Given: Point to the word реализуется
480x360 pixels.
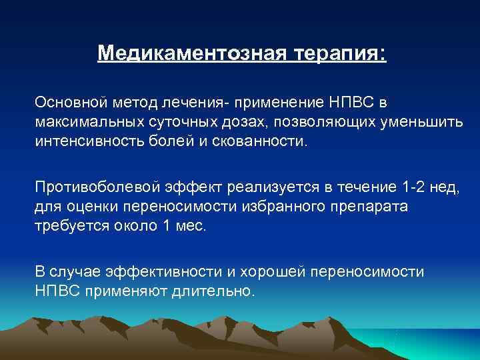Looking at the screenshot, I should click(263, 189).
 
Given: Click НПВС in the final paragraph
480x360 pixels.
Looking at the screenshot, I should click(57, 291).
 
